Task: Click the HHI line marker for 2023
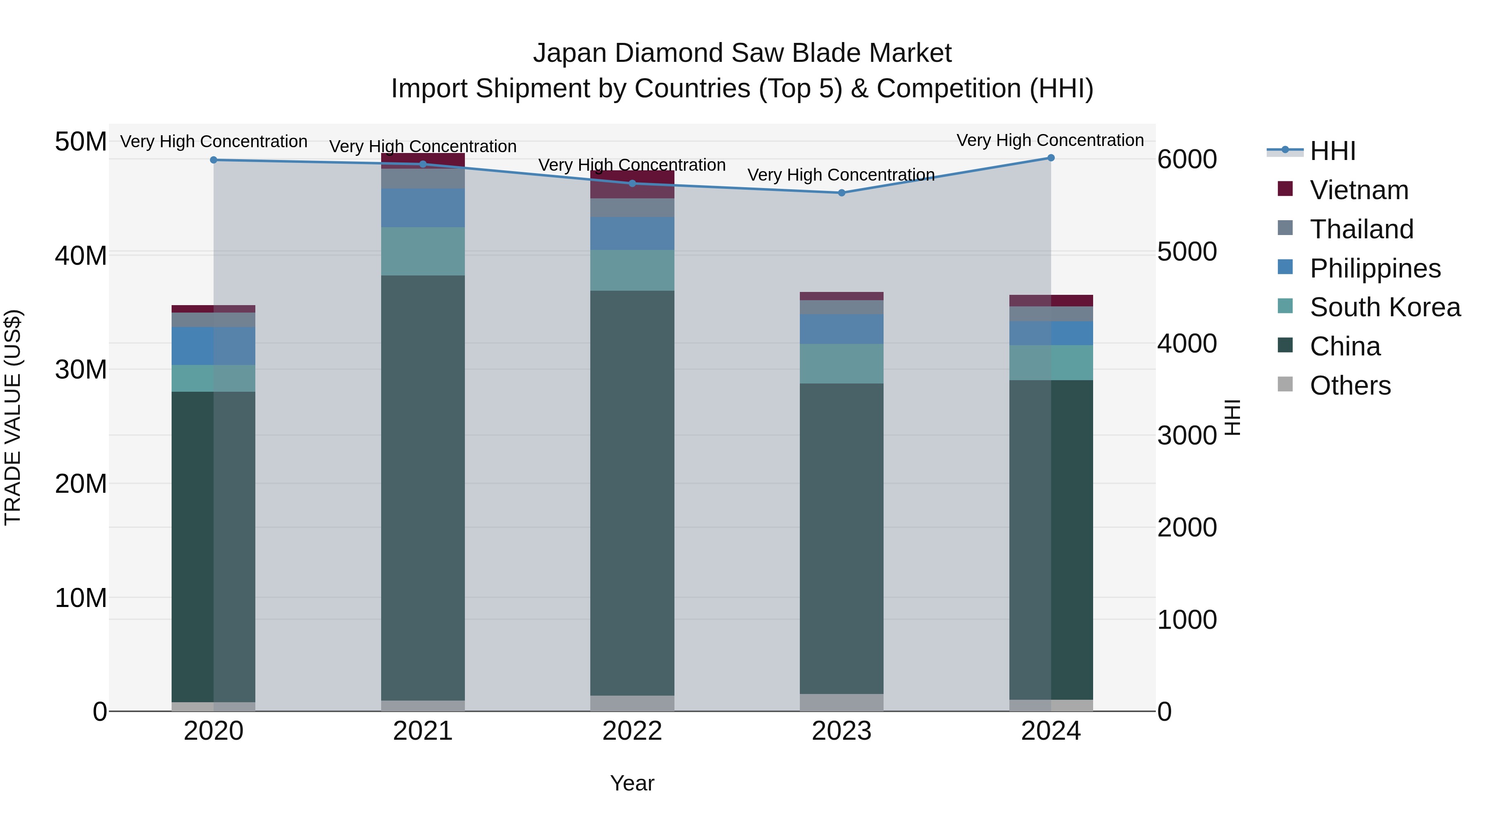point(841,193)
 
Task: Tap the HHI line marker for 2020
point(214,160)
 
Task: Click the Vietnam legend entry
point(1358,190)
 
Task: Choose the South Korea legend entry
point(1384,307)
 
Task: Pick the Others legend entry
point(1350,386)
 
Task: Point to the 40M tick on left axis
point(81,255)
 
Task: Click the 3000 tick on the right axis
point(1186,436)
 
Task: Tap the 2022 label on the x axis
point(632,731)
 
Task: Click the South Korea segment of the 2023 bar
point(841,364)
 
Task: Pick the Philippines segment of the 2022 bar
point(632,233)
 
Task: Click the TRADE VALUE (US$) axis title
point(13,417)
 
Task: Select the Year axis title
point(632,783)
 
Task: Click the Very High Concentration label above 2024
point(1050,140)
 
